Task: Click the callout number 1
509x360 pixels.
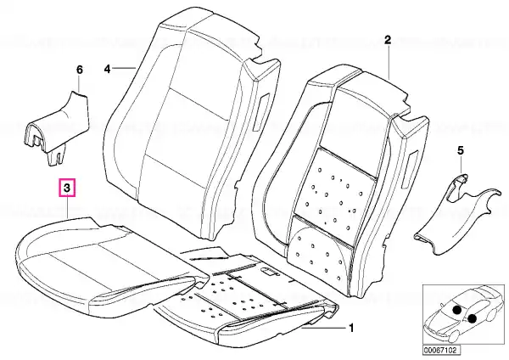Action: pyautogui.click(x=350, y=328)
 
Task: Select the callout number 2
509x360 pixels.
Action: pyautogui.click(x=388, y=40)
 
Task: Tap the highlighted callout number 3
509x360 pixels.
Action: pyautogui.click(x=66, y=188)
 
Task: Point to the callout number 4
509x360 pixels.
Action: pyautogui.click(x=108, y=69)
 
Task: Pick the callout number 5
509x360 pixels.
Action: pyautogui.click(x=461, y=151)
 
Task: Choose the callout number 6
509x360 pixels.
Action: pyautogui.click(x=80, y=70)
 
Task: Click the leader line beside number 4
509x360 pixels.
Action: pyautogui.click(x=125, y=68)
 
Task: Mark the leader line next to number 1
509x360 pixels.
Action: pyautogui.click(x=323, y=328)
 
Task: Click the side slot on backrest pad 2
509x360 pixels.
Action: pyautogui.click(x=411, y=170)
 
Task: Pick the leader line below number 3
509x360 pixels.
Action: pyautogui.click(x=67, y=205)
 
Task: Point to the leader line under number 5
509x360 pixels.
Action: pyautogui.click(x=461, y=166)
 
